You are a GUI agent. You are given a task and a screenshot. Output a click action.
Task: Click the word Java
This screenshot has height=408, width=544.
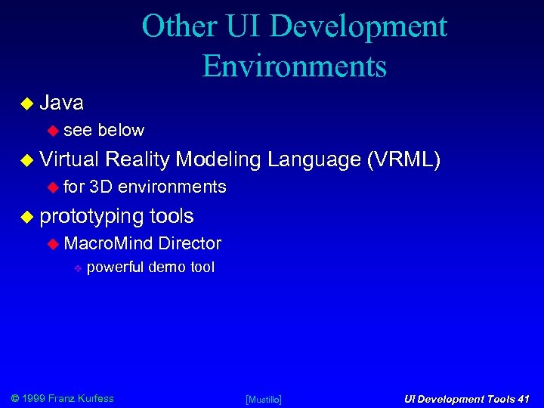click(61, 102)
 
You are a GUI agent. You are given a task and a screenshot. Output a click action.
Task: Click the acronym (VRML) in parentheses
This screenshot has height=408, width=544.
click(403, 159)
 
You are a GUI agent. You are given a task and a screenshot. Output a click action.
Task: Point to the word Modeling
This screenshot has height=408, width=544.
click(218, 159)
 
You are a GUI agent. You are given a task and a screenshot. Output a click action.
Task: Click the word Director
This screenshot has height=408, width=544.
click(190, 243)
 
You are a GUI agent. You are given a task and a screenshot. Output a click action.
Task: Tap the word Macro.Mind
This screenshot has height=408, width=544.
click(109, 243)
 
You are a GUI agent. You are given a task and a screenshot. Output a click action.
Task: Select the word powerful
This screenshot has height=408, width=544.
click(116, 267)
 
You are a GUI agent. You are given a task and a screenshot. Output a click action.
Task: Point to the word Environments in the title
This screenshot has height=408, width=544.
click(294, 66)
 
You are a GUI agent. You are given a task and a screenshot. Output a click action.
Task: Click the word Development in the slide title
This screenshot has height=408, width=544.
click(359, 26)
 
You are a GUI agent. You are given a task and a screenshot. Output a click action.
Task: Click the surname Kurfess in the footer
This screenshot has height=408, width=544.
click(94, 398)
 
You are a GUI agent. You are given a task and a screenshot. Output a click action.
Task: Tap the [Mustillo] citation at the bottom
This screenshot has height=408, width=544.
click(264, 399)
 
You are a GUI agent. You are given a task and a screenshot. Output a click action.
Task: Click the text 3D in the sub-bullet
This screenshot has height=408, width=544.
click(100, 187)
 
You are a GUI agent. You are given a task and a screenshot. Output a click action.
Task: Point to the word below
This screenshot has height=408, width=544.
click(121, 130)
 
